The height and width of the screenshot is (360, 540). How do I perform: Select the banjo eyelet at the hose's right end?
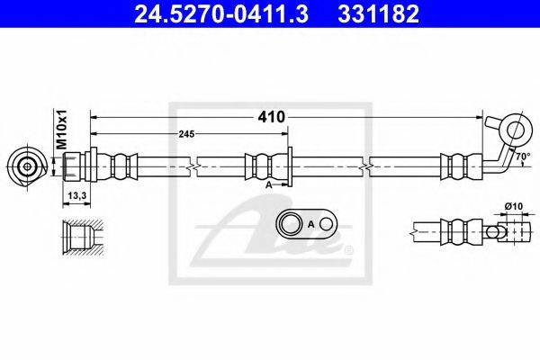pyautogui.click(x=515, y=129)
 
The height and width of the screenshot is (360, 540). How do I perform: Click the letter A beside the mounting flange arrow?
pyautogui.click(x=269, y=184)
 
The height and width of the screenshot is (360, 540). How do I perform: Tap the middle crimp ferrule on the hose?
pyautogui.click(x=258, y=166)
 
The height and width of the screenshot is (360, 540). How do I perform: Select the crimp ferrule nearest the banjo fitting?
pyautogui.click(x=455, y=166)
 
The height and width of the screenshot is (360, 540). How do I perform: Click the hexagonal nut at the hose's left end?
pyautogui.click(x=89, y=166)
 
